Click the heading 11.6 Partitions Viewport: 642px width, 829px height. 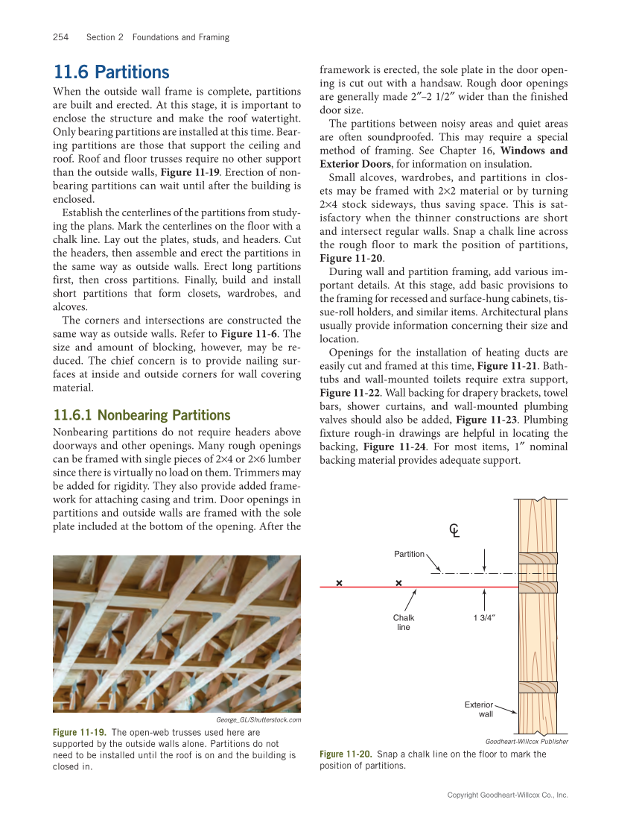pos(112,72)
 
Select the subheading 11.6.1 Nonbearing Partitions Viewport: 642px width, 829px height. pos(142,415)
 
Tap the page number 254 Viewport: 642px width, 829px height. pos(61,37)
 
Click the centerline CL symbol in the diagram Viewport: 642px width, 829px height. pos(454,531)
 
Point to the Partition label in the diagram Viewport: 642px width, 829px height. pos(409,554)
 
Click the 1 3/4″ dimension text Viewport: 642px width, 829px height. pos(484,618)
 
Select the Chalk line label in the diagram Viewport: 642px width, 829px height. pos(404,622)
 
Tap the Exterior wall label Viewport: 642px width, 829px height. pos(479,709)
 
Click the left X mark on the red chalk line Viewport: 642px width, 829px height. pos(339,583)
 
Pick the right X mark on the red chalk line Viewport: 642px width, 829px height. pos(398,583)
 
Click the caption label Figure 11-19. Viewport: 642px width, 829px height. pos(79,733)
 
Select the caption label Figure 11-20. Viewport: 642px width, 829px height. pos(346,754)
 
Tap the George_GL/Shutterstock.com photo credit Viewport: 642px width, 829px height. pos(258,720)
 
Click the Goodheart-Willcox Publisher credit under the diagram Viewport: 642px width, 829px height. pos(527,742)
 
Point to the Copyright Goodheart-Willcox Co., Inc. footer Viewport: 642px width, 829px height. pos(507,795)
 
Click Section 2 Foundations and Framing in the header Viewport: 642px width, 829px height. pos(158,37)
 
